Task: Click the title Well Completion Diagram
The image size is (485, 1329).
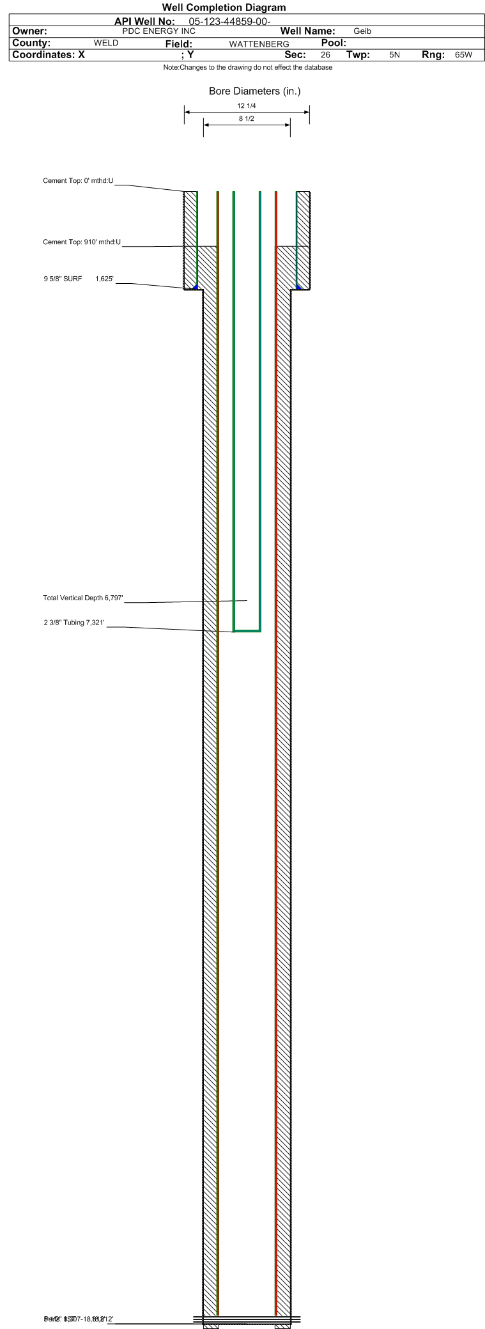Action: click(x=224, y=8)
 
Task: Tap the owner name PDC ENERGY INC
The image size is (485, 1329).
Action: click(x=158, y=31)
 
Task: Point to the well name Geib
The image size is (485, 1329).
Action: click(x=362, y=31)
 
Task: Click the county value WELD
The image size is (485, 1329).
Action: click(x=106, y=43)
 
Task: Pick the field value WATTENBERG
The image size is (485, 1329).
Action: click(x=259, y=44)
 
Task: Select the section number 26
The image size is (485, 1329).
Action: click(x=325, y=55)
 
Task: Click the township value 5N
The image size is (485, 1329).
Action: click(x=394, y=55)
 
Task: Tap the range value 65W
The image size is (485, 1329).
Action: click(x=463, y=55)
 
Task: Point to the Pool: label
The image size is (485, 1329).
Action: click(x=334, y=43)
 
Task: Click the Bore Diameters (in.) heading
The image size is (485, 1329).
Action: click(x=254, y=91)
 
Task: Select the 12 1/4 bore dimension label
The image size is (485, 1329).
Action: click(x=247, y=106)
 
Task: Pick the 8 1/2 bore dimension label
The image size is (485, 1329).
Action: click(x=247, y=119)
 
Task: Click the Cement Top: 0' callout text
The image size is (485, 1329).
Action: click(x=78, y=181)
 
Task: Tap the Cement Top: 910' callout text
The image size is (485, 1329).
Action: click(x=82, y=242)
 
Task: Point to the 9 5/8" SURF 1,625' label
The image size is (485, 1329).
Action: click(x=79, y=279)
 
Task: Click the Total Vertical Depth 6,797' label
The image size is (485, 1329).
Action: click(x=83, y=598)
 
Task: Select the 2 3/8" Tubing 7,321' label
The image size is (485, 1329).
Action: click(x=74, y=623)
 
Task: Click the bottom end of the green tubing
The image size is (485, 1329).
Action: click(x=247, y=631)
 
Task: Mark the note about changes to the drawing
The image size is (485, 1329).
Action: click(x=247, y=68)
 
